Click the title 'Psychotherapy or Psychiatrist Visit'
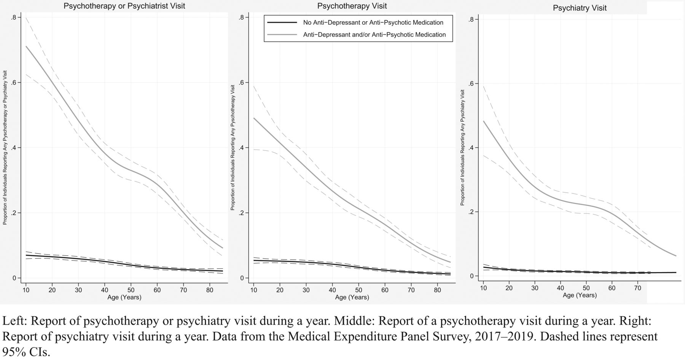(x=124, y=6)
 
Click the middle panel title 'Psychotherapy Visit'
(x=352, y=6)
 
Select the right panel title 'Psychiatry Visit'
(x=580, y=8)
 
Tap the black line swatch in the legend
(x=282, y=22)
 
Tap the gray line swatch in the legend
(x=282, y=35)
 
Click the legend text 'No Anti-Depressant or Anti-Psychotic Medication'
(x=373, y=22)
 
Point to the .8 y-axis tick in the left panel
(x=14, y=18)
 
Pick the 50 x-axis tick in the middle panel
(x=358, y=290)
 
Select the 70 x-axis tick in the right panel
(x=638, y=288)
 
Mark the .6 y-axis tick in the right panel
(x=470, y=84)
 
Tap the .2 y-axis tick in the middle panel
(x=242, y=213)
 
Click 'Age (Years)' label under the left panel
(x=124, y=297)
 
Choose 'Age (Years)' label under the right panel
(x=580, y=295)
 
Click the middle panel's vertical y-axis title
(x=233, y=152)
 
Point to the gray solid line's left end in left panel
(x=26, y=46)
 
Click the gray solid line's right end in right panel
(x=676, y=256)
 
